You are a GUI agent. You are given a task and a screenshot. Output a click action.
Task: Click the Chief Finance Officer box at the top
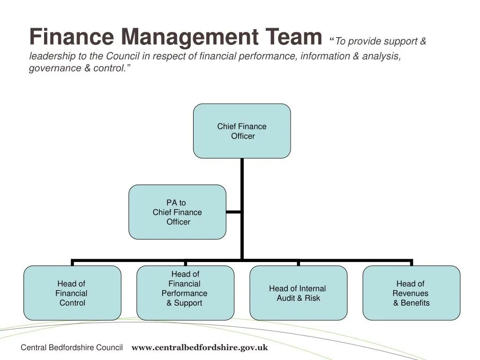pos(242,131)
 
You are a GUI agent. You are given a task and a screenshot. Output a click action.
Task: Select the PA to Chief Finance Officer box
pos(177,212)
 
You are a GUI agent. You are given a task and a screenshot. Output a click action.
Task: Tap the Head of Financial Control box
pos(72,293)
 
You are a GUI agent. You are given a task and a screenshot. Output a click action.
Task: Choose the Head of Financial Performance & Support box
pos(185,293)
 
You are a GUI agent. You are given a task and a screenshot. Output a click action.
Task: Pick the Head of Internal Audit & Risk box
pos(298,293)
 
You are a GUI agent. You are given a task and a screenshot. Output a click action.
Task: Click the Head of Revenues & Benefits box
pos(411,293)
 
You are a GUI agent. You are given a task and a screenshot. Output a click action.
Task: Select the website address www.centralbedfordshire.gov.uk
pos(200,348)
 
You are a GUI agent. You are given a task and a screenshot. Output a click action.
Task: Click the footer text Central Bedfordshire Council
pos(72,348)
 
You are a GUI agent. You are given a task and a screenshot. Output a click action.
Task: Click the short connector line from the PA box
pos(233,212)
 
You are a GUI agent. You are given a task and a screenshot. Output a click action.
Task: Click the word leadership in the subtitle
pos(51,56)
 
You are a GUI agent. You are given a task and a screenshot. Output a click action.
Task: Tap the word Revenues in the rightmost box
pos(410,293)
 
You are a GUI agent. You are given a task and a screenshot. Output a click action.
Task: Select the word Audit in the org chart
pos(286,298)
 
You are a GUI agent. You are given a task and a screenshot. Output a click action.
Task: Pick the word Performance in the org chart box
pos(184,293)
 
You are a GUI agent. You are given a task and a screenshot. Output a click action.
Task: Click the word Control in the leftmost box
pos(73,303)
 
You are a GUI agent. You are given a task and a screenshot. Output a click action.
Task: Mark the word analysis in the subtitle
pos(381,56)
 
